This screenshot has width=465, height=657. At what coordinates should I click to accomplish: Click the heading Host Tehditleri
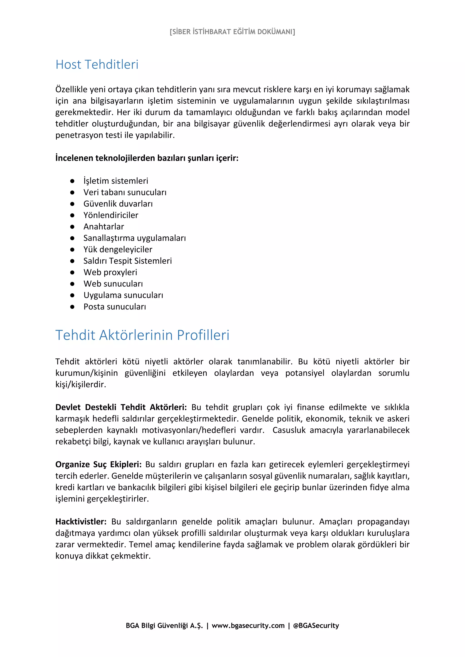pyautogui.click(x=97, y=65)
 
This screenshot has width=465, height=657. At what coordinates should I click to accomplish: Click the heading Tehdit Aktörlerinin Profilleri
pyautogui.click(x=142, y=335)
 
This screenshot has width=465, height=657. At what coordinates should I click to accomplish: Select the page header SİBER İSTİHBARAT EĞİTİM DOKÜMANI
pyautogui.click(x=232, y=32)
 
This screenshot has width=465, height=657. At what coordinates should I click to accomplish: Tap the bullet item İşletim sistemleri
pyautogui.click(x=116, y=181)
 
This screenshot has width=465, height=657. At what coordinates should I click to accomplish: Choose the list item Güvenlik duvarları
pyautogui.click(x=118, y=204)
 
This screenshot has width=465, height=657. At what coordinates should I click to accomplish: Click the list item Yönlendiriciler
pyautogui.click(x=111, y=215)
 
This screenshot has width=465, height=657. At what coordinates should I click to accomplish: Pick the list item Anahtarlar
pyautogui.click(x=104, y=227)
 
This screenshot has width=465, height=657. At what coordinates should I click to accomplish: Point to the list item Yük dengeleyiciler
pyautogui.click(x=118, y=250)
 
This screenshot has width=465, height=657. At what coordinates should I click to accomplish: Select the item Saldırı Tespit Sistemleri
pyautogui.click(x=128, y=261)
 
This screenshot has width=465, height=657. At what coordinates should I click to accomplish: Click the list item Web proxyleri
pyautogui.click(x=110, y=273)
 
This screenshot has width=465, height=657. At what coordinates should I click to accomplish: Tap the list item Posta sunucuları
pyautogui.click(x=115, y=307)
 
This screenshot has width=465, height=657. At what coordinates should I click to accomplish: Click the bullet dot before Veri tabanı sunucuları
pyautogui.click(x=72, y=192)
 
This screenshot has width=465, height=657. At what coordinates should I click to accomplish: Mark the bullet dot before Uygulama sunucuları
pyautogui.click(x=72, y=296)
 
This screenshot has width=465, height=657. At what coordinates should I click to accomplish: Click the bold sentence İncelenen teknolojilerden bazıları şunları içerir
pyautogui.click(x=147, y=158)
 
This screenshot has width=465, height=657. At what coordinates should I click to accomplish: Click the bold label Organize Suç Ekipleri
pyautogui.click(x=98, y=465)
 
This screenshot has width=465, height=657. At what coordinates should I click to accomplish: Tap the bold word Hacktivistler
pyautogui.click(x=81, y=522)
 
